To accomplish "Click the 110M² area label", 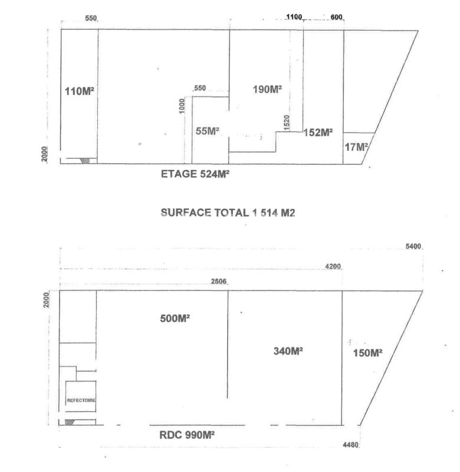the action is [x=80, y=91].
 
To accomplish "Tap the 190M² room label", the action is [x=267, y=89].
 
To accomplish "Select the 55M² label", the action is [x=207, y=131].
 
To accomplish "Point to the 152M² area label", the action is [x=318, y=132].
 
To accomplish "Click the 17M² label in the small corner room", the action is [x=356, y=147].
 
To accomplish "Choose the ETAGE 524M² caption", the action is [x=195, y=174].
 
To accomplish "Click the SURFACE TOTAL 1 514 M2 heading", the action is [x=228, y=213].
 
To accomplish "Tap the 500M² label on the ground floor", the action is [x=175, y=318].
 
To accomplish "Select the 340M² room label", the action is [x=288, y=350].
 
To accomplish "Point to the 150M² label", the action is [x=367, y=353].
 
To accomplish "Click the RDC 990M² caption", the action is [x=187, y=435].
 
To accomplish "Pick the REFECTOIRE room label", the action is [x=81, y=401].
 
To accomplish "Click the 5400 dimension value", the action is [x=413, y=247].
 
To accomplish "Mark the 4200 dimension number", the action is [x=333, y=267].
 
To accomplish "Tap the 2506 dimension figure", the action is [x=219, y=281].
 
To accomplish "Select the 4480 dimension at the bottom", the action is [x=350, y=445].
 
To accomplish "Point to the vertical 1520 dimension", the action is [x=287, y=123].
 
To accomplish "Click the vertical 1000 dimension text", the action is [x=182, y=106].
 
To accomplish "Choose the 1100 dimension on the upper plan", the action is [x=294, y=17].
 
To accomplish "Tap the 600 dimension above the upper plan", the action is [x=336, y=17].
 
